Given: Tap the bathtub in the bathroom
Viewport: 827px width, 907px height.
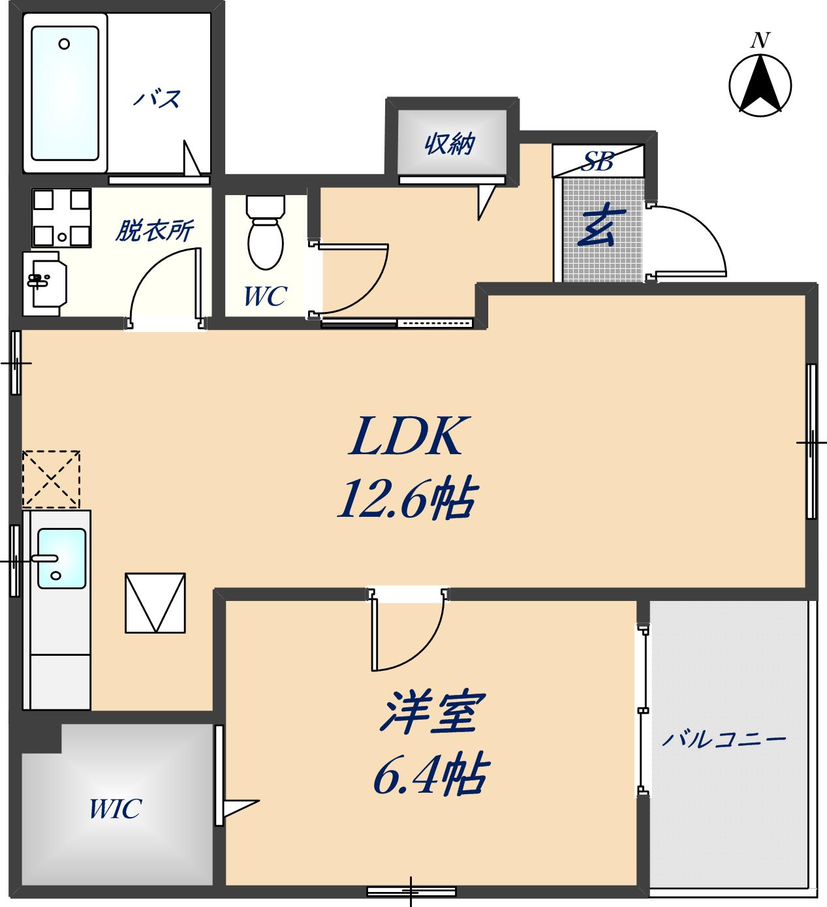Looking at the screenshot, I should (65, 93).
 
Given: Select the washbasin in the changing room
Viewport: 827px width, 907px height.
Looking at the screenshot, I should (44, 282).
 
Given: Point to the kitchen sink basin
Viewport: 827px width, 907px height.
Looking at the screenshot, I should (61, 558).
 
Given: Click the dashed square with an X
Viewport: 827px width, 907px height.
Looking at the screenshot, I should (51, 479).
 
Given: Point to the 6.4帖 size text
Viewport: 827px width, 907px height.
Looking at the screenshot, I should (429, 775).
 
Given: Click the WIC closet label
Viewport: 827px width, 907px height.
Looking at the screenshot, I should (115, 809).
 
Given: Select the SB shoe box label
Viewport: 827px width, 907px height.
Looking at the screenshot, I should (598, 161).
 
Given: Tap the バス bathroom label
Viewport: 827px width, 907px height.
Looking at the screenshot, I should (157, 99).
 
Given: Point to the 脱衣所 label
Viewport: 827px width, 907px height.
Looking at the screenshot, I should (154, 231).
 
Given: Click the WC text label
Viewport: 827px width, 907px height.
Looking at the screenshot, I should (264, 296).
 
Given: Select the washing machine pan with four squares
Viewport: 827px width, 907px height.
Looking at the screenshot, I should (61, 218).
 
